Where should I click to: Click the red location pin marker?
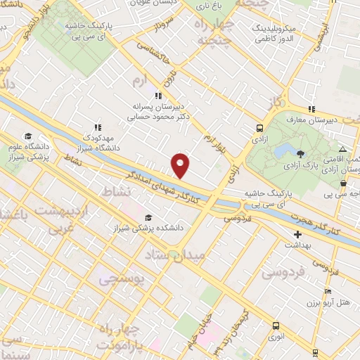(181, 165)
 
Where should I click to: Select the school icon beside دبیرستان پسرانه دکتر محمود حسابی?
(158, 96)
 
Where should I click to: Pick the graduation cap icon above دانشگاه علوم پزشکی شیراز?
(27, 137)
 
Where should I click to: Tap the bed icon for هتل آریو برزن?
(328, 291)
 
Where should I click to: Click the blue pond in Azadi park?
(284, 150)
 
